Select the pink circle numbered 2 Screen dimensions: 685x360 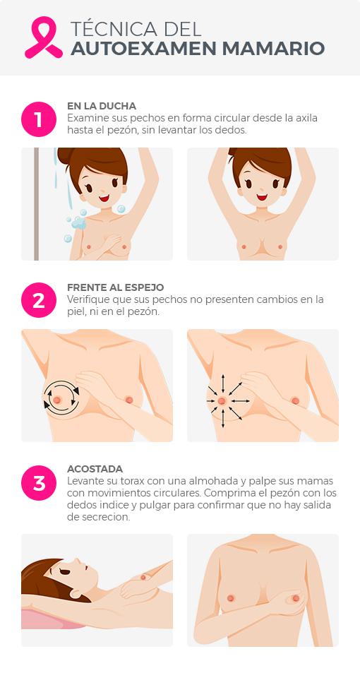(38, 301)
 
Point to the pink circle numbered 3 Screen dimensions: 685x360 (38, 483)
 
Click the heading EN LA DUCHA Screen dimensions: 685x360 (101, 106)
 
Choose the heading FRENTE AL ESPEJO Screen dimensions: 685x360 (115, 287)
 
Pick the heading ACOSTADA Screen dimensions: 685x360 (95, 469)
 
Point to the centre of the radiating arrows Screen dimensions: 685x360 (222, 400)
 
